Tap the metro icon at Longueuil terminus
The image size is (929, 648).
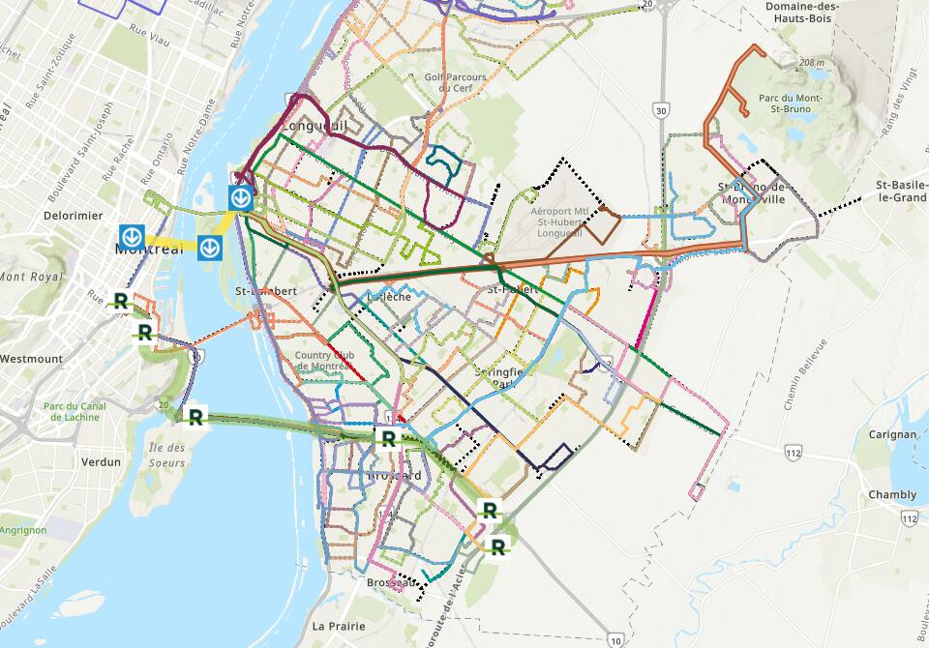241,197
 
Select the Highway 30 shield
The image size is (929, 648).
661,110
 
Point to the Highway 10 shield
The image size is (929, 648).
616,639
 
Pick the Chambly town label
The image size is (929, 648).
891,494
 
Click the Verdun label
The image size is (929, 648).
102,462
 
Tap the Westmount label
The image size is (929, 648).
31,359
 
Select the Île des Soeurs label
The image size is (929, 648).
168,456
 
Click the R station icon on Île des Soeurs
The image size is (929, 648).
195,417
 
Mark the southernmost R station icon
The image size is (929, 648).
498,546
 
